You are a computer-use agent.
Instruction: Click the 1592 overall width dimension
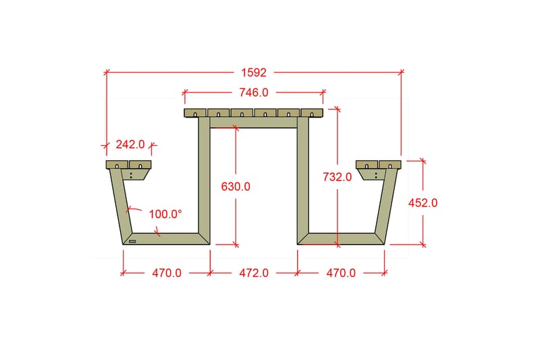(x=254, y=73)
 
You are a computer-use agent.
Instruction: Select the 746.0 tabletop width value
(x=254, y=93)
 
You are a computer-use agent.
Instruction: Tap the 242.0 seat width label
(x=130, y=145)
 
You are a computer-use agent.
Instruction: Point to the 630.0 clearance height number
(x=236, y=186)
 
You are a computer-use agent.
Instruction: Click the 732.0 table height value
(x=337, y=177)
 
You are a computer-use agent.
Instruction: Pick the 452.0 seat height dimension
(x=423, y=203)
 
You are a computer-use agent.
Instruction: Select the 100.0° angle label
(x=165, y=214)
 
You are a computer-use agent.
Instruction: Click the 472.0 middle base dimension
(x=254, y=273)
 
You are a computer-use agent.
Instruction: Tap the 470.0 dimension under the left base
(x=167, y=273)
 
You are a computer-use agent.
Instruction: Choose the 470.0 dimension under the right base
(x=341, y=273)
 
